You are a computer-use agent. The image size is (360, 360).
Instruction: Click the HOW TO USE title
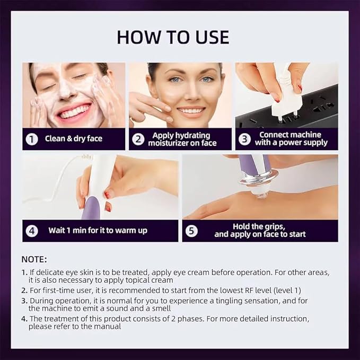[x=173, y=37]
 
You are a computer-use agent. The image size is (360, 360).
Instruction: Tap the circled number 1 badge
[x=32, y=139]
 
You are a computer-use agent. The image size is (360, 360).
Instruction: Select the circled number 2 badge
[x=138, y=139]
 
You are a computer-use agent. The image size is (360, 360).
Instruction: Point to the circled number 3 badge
[x=244, y=139]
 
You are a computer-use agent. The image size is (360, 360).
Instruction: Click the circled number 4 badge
[x=32, y=231]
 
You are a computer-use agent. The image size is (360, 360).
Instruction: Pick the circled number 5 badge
[x=192, y=231]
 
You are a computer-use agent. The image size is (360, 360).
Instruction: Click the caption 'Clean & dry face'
[x=73, y=139]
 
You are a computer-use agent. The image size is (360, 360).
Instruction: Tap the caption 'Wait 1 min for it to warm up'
[x=98, y=231]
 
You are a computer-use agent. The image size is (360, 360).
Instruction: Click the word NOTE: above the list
[x=34, y=259]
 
